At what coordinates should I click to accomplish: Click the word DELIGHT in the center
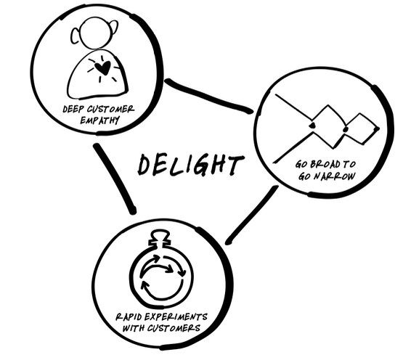click(x=191, y=165)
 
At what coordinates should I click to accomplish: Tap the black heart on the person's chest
click(x=102, y=67)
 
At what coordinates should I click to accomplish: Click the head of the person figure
click(x=94, y=33)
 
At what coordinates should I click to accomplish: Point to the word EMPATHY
click(x=99, y=120)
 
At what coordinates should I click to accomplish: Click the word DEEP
click(x=73, y=109)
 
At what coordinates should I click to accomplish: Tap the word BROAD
click(x=325, y=164)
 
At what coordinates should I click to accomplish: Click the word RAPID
click(x=129, y=317)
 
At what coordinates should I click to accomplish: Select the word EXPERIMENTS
click(x=176, y=317)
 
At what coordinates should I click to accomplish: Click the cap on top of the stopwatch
click(x=160, y=238)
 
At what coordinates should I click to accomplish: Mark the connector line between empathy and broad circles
click(x=208, y=97)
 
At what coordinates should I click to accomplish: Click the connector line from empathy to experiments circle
click(x=115, y=178)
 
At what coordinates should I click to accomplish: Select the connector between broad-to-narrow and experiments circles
click(x=252, y=215)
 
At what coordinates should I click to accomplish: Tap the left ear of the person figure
click(x=76, y=36)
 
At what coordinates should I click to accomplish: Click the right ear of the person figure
click(x=113, y=28)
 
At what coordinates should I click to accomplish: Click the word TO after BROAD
click(x=350, y=164)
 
